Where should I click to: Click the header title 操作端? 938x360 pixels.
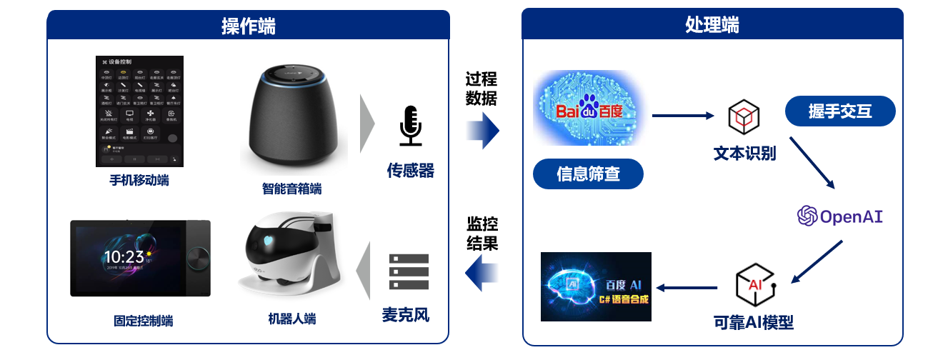tap(248, 26)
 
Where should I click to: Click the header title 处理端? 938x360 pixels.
tap(712, 24)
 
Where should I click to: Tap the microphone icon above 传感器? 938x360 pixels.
tap(410, 126)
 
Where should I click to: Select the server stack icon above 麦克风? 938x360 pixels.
tap(409, 273)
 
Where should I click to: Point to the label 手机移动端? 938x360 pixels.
tap(135, 180)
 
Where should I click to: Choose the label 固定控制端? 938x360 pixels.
tap(143, 321)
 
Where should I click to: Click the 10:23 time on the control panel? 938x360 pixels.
tap(124, 257)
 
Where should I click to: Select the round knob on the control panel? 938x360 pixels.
tap(194, 257)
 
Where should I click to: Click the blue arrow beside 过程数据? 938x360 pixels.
tap(483, 131)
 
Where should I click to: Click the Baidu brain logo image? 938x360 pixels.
tap(589, 109)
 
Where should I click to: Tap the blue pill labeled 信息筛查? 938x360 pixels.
tap(588, 174)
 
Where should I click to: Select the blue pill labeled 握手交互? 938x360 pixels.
tap(839, 111)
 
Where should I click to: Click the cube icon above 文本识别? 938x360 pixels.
tap(744, 116)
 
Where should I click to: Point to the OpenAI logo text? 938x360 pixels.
tap(840, 216)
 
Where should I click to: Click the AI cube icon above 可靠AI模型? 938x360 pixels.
tap(754, 284)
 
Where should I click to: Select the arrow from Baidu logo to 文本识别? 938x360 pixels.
tap(683, 114)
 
